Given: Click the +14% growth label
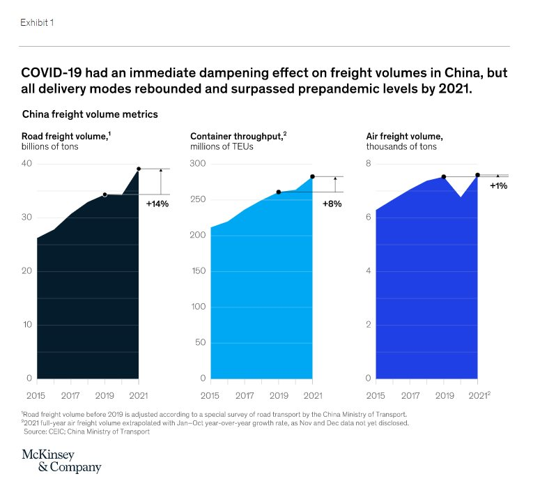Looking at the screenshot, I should coord(157,204).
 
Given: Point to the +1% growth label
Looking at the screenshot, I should coord(499,186).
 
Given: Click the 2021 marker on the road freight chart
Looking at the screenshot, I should coord(139,169).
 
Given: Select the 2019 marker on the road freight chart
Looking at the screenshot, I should coord(105,194).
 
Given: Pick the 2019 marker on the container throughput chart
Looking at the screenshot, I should coord(278,192).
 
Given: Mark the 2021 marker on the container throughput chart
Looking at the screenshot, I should coord(312,176).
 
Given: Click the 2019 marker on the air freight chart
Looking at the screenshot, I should coord(444,177).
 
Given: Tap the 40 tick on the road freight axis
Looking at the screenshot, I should coord(27,164).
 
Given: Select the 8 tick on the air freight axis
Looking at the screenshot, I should coord(369,164).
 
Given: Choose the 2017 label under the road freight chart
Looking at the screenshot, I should coord(70,395).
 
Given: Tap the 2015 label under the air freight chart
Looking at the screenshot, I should coord(376,395).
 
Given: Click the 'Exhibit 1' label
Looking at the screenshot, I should coord(37,22).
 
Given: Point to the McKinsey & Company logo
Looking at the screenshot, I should coord(61,461).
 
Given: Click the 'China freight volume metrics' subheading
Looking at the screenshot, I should coord(90,114).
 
